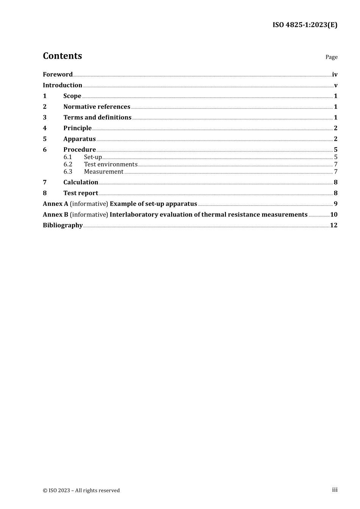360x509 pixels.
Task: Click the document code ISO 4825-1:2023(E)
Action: [305, 25]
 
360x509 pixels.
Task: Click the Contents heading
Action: [62, 56]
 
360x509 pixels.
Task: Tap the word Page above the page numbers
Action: [331, 57]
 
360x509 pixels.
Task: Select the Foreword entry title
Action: [58, 74]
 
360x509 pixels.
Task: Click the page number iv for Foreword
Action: [335, 75]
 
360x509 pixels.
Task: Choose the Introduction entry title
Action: [62, 85]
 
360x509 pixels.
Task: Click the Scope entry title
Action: [72, 96]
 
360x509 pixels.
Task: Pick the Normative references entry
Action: [97, 107]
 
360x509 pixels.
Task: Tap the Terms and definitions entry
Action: [97, 117]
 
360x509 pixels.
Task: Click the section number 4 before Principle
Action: [45, 128]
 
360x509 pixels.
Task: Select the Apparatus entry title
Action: [79, 139]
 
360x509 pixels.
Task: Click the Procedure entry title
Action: [79, 150]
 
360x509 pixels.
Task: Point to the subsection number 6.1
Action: [68, 157]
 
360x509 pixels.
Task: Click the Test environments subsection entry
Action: [110, 164]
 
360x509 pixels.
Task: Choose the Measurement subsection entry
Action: [103, 172]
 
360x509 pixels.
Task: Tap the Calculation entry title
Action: [80, 182]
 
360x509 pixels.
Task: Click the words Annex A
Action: [55, 204]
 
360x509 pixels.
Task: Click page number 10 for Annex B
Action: [333, 214]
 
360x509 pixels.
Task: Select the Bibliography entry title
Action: [63, 225]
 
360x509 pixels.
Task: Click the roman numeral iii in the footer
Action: [335, 490]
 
